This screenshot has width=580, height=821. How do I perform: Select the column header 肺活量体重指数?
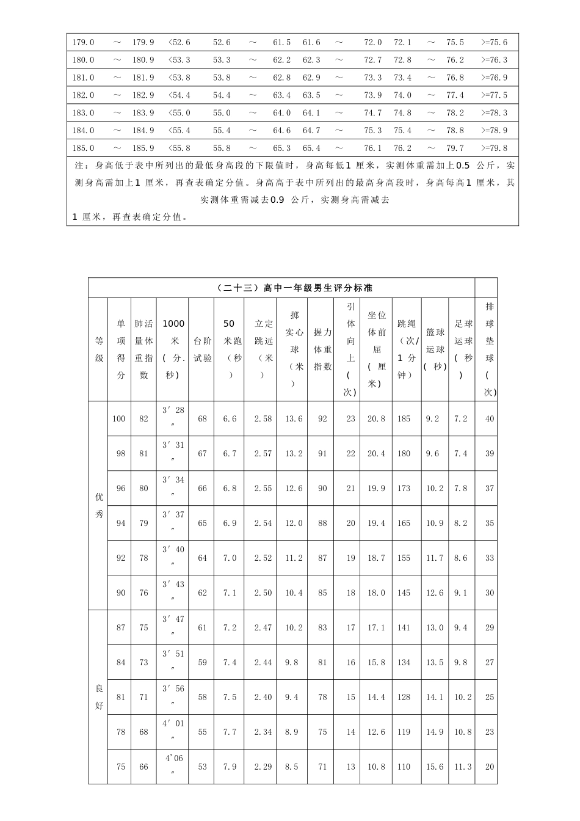point(143,349)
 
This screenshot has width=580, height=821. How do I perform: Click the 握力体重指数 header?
point(322,349)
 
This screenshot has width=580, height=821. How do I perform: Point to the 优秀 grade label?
point(99,505)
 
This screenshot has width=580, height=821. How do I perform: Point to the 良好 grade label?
point(99,697)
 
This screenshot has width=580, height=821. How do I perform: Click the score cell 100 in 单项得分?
point(118,418)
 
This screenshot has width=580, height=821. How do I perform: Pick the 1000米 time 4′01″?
point(173,731)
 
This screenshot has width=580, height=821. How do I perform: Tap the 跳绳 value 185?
point(404,418)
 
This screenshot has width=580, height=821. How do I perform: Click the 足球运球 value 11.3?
point(463,767)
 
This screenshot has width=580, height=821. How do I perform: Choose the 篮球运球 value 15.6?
point(435,767)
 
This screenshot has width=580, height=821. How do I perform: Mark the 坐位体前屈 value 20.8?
point(376,418)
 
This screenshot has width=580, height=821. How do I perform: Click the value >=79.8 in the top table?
point(494,148)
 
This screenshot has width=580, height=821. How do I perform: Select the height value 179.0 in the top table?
point(83,42)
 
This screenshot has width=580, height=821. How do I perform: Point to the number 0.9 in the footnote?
point(277,200)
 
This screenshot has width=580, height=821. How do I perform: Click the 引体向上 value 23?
point(350,418)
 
